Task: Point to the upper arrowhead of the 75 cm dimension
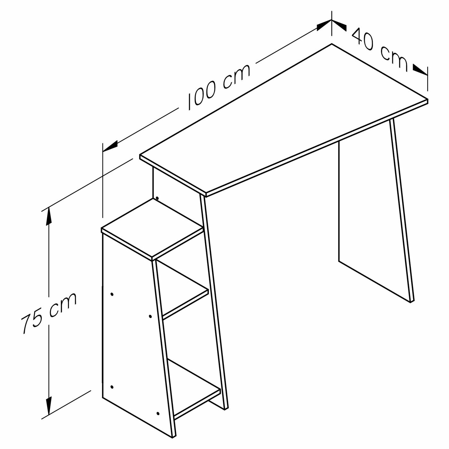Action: click(x=48, y=217)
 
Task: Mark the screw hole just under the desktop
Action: click(x=157, y=198)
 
